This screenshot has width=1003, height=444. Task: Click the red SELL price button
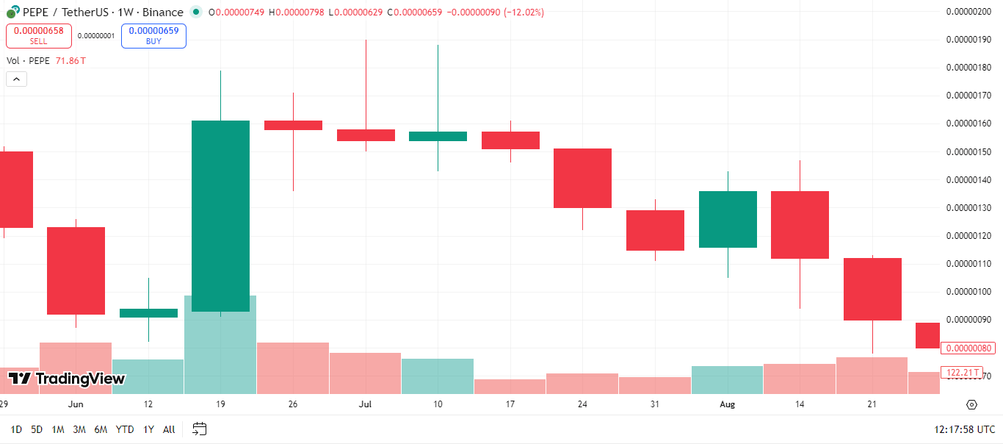point(38,36)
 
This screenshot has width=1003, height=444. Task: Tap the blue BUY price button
point(153,36)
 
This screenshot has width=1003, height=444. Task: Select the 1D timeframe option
point(16,429)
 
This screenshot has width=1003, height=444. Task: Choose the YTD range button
point(125,429)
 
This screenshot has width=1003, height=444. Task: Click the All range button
point(169,429)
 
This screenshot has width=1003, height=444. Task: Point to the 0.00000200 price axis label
point(968,12)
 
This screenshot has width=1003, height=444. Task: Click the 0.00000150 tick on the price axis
point(968,152)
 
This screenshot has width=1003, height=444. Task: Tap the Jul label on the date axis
point(366,404)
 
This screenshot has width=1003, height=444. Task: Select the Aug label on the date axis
point(727,404)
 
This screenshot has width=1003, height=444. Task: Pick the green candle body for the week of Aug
point(728,219)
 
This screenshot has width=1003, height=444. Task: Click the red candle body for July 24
point(582,178)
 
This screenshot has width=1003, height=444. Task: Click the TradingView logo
point(67,379)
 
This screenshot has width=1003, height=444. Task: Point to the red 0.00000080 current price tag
point(968,348)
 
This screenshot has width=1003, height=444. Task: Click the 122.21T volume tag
point(963,373)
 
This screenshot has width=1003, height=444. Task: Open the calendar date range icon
point(200,429)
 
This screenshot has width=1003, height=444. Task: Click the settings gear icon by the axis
point(971,404)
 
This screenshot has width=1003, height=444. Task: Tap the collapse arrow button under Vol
point(16,79)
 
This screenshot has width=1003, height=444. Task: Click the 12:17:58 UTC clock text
point(964,429)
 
